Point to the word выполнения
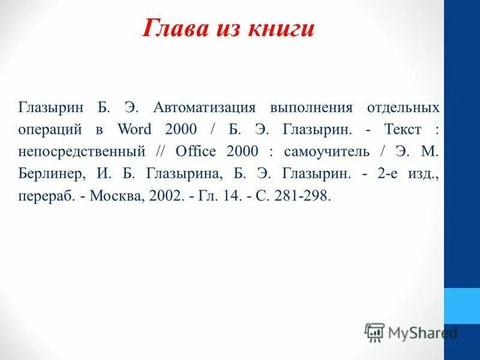310,108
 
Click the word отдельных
403,108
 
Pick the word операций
52,130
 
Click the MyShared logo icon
374,332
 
